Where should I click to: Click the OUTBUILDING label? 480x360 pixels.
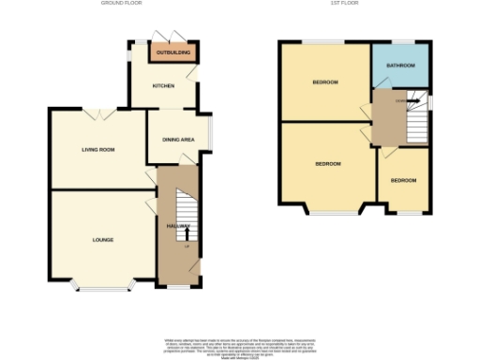pyautogui.click(x=173, y=52)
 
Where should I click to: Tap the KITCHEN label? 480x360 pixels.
pyautogui.click(x=163, y=85)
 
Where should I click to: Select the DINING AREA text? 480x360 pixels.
pyautogui.click(x=178, y=140)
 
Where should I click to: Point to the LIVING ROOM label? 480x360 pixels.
pyautogui.click(x=97, y=149)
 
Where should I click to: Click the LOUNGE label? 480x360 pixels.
pyautogui.click(x=103, y=240)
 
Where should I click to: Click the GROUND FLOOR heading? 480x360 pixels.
pyautogui.click(x=122, y=4)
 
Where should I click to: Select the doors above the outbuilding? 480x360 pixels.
pyautogui.click(x=172, y=36)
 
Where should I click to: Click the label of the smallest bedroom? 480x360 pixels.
pyautogui.click(x=403, y=180)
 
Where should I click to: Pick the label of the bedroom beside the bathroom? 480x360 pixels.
pyautogui.click(x=325, y=82)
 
